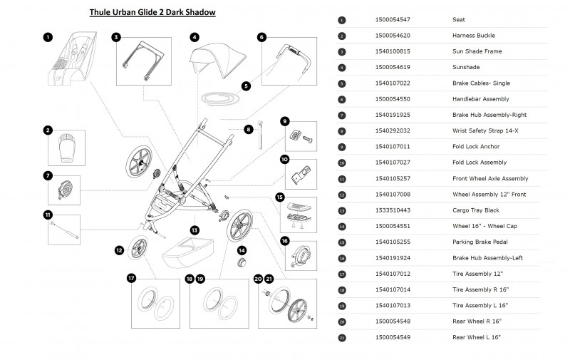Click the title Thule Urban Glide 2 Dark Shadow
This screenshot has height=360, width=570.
[x=152, y=12]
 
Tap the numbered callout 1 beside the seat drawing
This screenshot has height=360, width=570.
[x=47, y=36]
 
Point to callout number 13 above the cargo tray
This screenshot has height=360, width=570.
[x=193, y=230]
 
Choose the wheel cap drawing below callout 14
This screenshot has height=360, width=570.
[x=242, y=266]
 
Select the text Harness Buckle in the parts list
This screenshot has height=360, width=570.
[x=474, y=36]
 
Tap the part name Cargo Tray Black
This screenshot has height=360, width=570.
[x=477, y=210]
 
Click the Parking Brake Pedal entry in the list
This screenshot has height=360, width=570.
[x=480, y=242]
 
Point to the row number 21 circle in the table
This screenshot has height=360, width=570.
[x=342, y=338]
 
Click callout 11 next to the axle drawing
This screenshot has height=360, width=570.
[x=48, y=215]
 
